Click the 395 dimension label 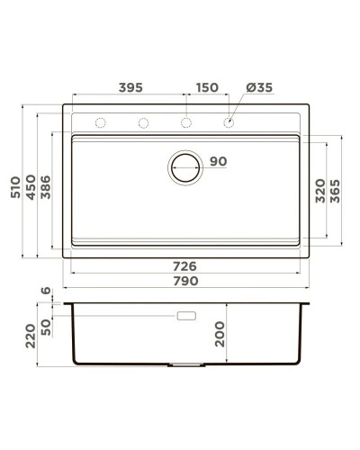point(130,87)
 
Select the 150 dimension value point(206,87)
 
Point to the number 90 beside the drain point(218,162)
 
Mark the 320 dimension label point(319,192)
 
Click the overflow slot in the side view point(188,316)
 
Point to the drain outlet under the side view point(186,366)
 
